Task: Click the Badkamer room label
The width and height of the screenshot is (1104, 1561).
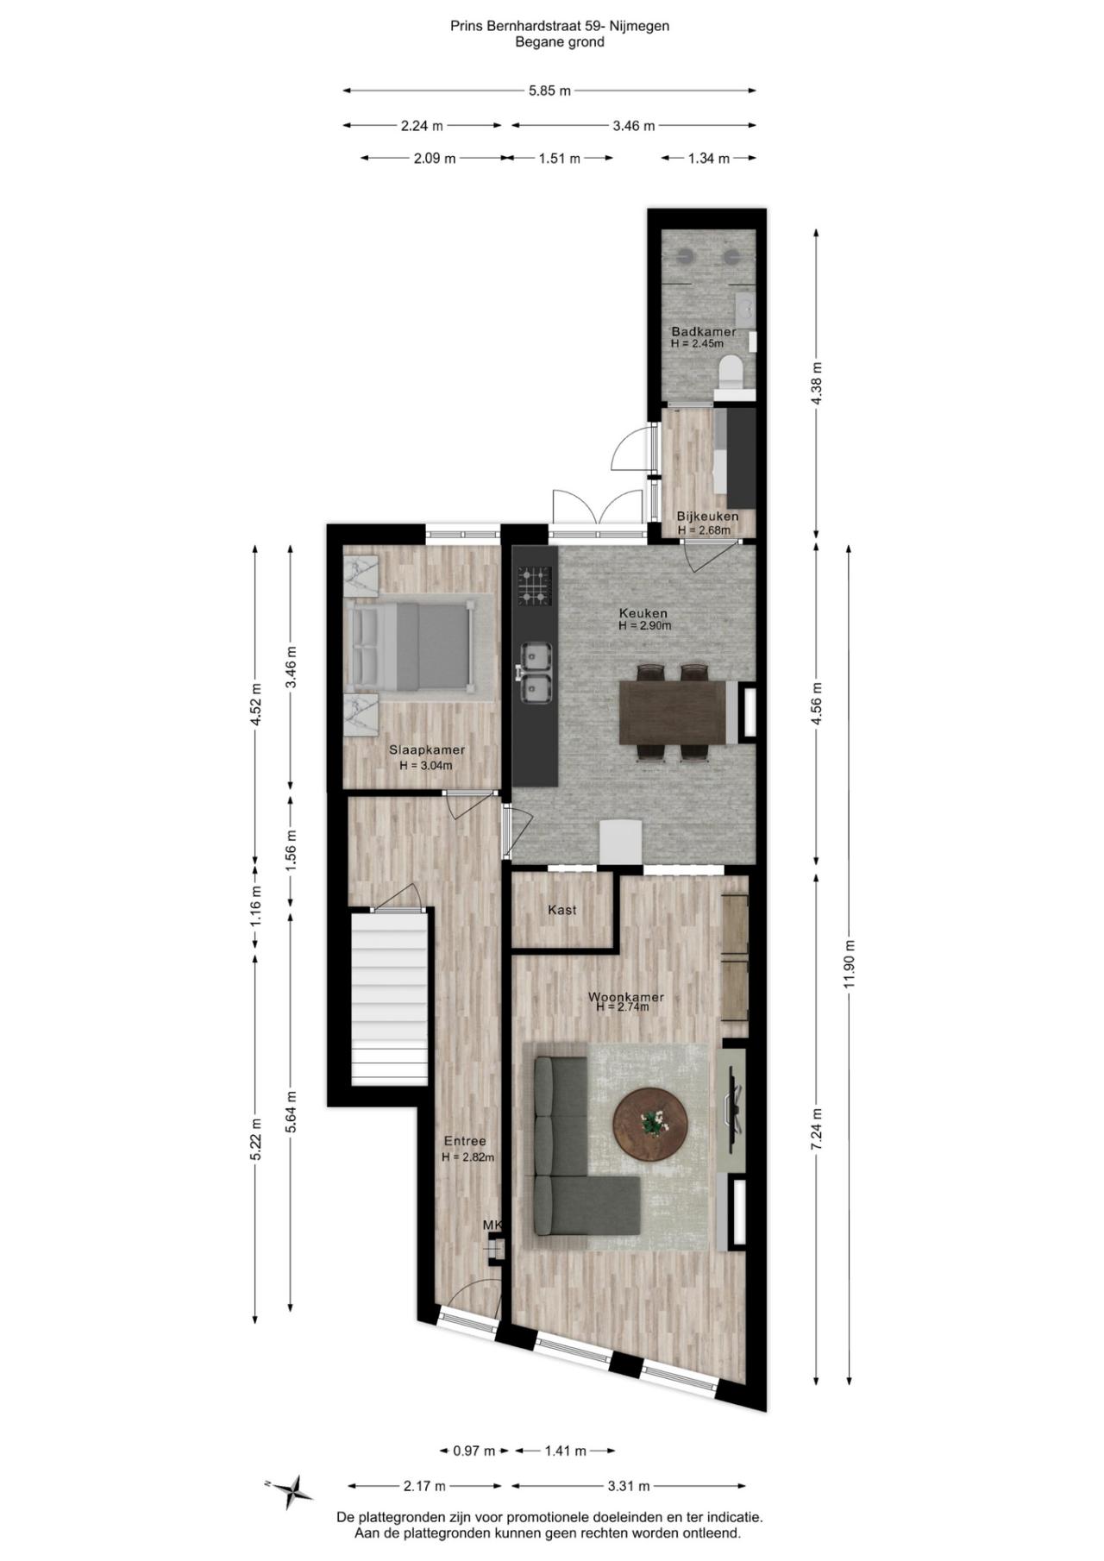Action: point(704,332)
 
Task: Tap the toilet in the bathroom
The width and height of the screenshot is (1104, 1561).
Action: point(731,372)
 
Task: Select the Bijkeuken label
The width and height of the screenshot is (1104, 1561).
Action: point(706,517)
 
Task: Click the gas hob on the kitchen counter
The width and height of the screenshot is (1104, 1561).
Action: point(534,586)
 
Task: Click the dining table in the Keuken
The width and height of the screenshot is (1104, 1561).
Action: point(672,712)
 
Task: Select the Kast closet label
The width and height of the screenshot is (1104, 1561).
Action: point(561,910)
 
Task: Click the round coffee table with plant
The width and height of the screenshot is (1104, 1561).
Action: point(650,1125)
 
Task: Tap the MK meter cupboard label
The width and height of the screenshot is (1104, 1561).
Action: point(492,1225)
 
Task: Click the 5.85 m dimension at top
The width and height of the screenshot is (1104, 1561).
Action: point(549,91)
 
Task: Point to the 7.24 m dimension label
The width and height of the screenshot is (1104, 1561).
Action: point(818,1128)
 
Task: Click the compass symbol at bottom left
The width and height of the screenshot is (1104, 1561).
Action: point(293,1490)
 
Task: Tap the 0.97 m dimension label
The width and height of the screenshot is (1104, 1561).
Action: point(474,1451)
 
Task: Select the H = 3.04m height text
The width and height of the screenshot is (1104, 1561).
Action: point(425,765)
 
